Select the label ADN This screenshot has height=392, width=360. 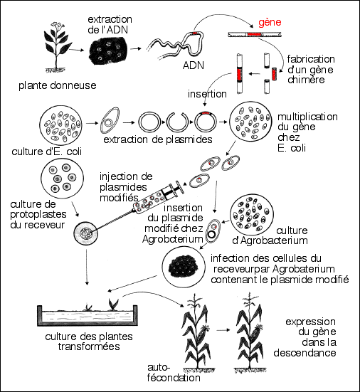(194, 65)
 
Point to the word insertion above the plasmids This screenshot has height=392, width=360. (208, 93)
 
